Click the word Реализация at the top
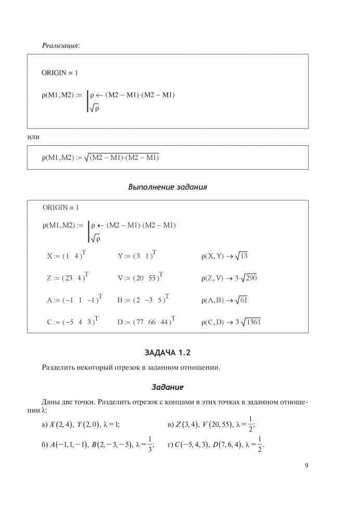point(60,46)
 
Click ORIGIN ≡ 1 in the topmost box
point(60,73)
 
